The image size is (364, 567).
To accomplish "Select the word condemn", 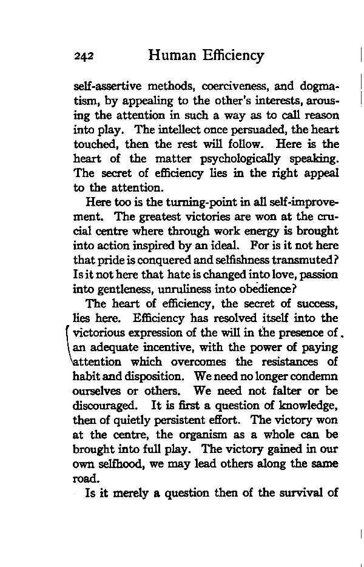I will tap(312, 377).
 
